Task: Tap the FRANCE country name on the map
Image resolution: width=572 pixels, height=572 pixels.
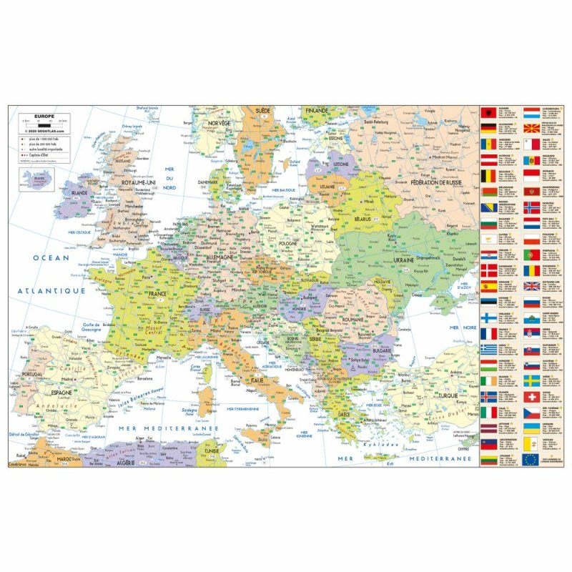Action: coord(158,294)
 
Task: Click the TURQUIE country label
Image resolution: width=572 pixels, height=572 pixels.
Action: coord(452,395)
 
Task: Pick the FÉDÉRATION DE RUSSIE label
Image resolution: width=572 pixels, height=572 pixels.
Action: coord(436,183)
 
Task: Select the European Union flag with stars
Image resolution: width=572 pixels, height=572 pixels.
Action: coord(531,460)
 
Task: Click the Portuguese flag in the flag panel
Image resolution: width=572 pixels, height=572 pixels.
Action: coord(531,255)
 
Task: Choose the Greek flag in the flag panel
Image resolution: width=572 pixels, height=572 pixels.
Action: coord(488,349)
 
